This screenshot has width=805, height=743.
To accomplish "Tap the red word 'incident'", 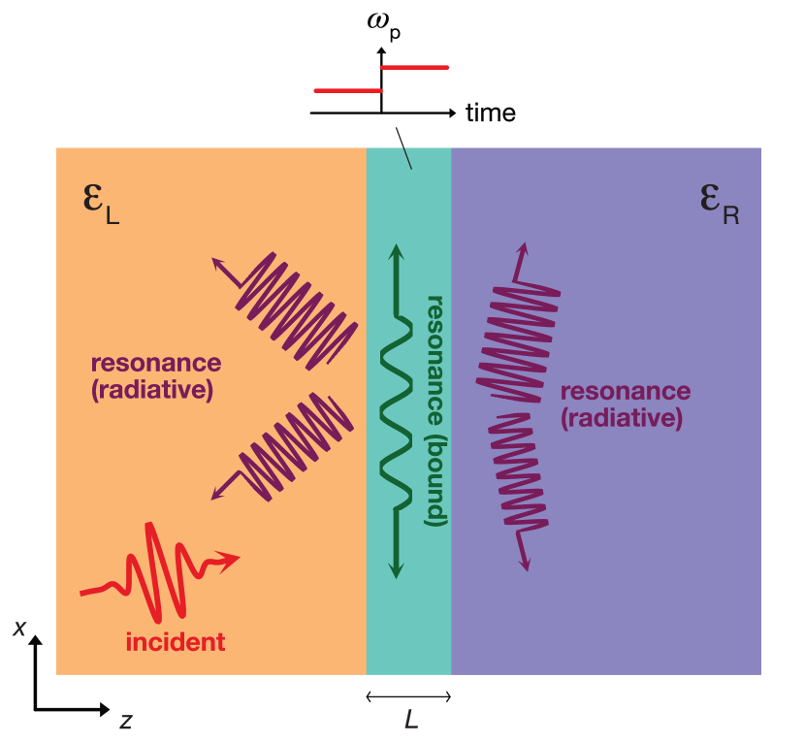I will [176, 641].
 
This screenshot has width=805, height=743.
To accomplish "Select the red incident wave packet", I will [155, 572].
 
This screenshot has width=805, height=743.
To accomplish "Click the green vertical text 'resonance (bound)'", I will [435, 410].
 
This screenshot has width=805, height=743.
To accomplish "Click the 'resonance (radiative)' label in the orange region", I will [155, 376].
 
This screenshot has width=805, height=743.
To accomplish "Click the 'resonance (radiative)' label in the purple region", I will [625, 404].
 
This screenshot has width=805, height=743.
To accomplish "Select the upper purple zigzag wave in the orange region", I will [291, 310].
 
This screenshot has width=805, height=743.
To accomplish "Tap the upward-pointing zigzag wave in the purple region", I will [517, 330].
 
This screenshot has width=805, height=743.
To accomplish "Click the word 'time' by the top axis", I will [490, 113].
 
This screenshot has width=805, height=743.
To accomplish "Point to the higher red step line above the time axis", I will [414, 67].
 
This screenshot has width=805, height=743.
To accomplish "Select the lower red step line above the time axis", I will [347, 90].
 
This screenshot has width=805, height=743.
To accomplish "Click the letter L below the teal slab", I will [411, 719].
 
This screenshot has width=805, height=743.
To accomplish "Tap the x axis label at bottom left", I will [19, 629].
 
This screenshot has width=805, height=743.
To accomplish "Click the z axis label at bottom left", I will [125, 721].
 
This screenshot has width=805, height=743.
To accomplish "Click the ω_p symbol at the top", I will [383, 23].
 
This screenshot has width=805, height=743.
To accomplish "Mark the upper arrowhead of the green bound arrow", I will [395, 251].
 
